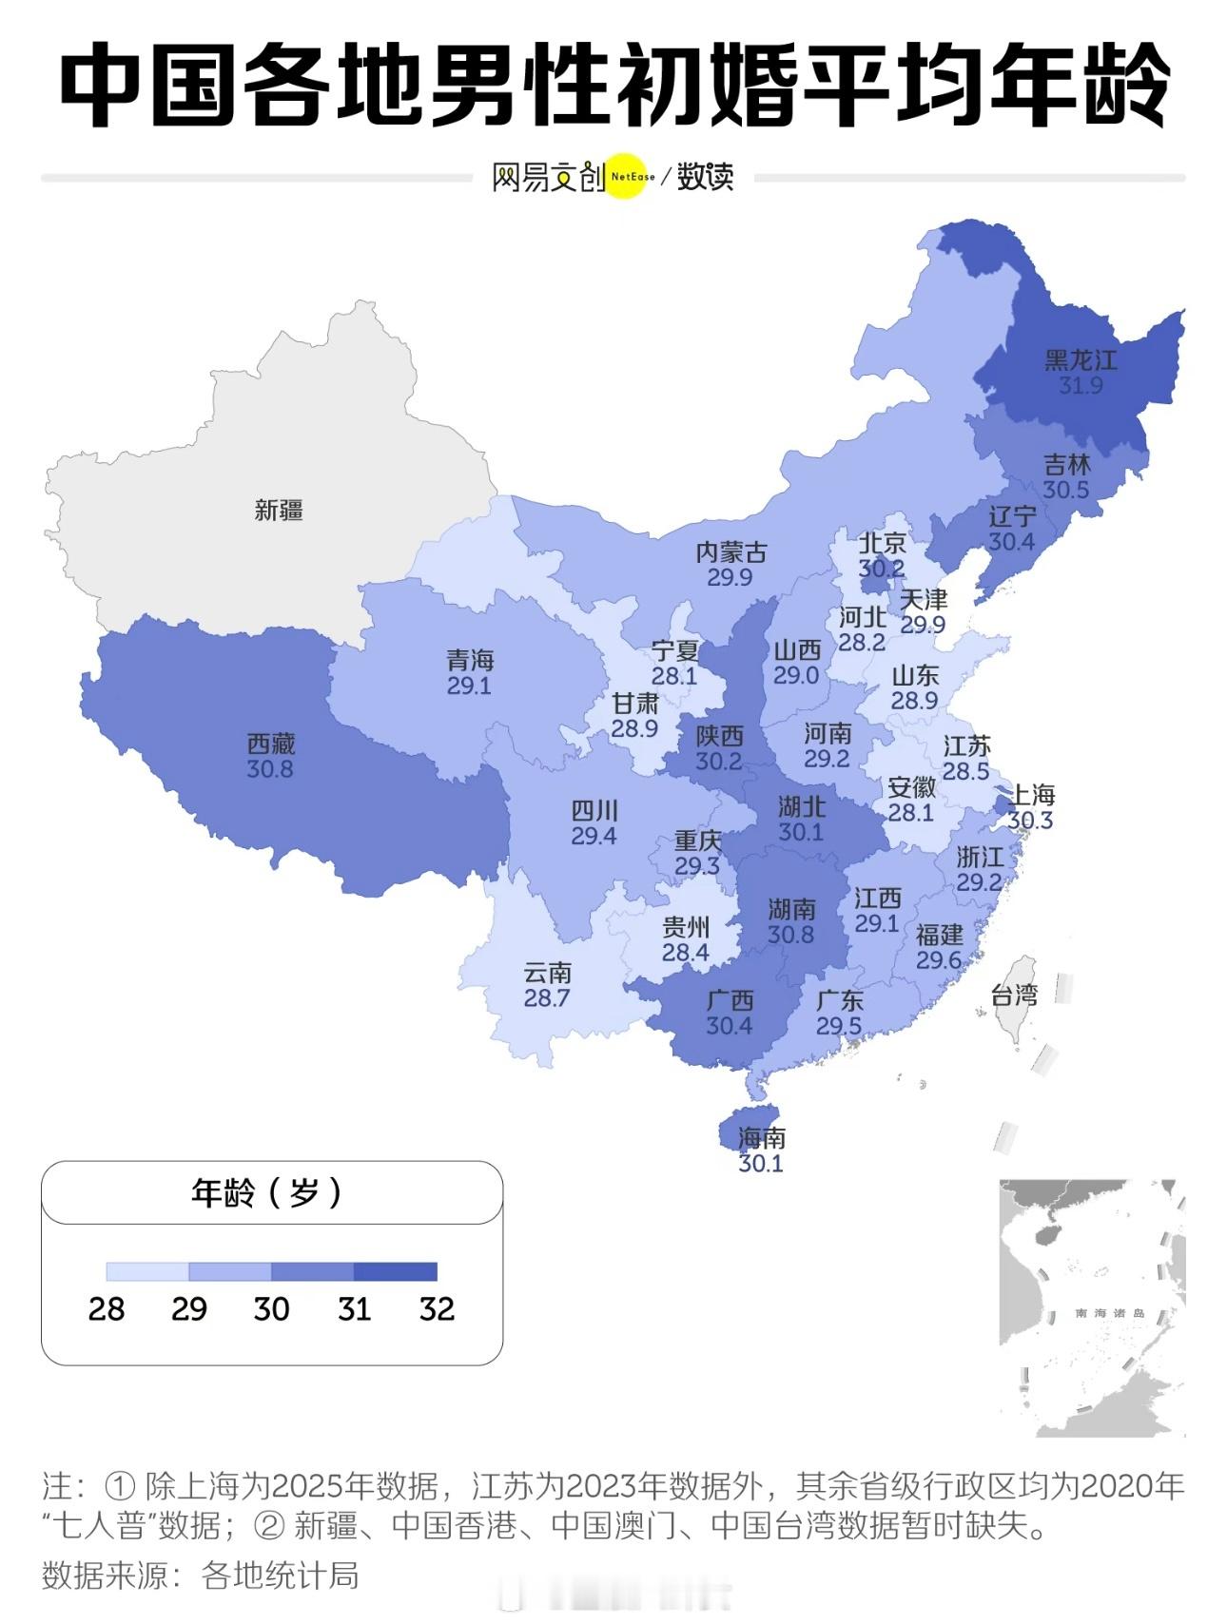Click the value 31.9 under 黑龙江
click(1081, 385)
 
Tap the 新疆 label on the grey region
click(279, 511)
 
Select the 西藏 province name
click(271, 744)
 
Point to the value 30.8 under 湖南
click(791, 935)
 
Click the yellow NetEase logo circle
click(627, 177)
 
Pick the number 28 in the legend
click(107, 1309)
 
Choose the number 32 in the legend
click(437, 1309)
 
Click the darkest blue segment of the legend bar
click(396, 1271)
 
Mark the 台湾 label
click(1014, 996)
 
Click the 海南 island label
click(762, 1138)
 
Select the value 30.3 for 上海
click(1030, 821)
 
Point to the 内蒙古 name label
click(730, 552)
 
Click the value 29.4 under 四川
click(594, 837)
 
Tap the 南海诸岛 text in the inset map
click(1109, 1313)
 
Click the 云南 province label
click(548, 973)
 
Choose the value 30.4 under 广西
click(730, 1026)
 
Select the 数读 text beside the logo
click(705, 177)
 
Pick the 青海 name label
click(471, 660)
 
